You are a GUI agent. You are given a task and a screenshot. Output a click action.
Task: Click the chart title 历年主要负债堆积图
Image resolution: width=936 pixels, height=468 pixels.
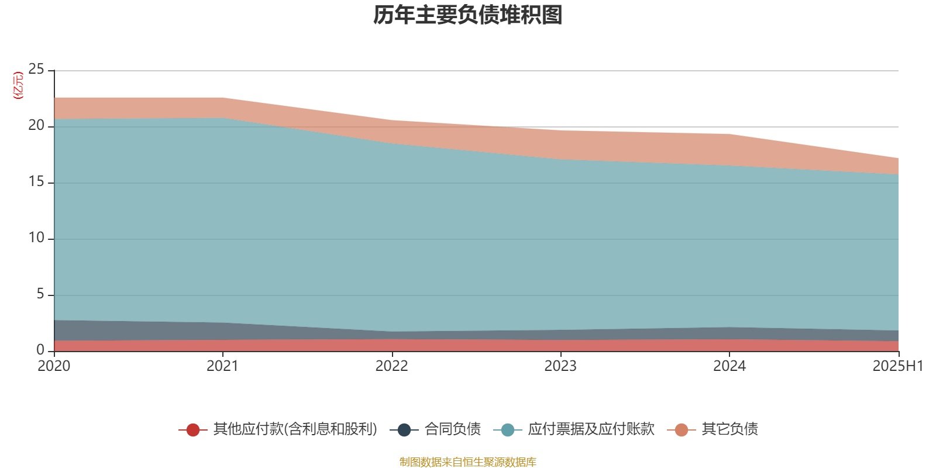[468, 15]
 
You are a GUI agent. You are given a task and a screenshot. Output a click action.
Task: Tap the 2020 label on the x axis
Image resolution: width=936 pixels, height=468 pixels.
[54, 366]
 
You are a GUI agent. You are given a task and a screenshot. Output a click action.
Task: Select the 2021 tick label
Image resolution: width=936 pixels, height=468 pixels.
[223, 366]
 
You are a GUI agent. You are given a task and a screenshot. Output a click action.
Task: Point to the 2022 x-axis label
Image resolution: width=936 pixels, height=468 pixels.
[391, 366]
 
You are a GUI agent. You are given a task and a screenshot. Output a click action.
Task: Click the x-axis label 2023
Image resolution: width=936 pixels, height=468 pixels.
[560, 366]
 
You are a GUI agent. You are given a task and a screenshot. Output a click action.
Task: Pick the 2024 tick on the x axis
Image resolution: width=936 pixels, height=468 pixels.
[729, 366]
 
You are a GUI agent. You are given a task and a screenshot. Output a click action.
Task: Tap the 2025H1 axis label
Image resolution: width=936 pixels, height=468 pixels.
[897, 366]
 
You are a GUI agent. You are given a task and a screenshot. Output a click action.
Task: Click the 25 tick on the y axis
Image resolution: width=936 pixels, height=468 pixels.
[36, 70]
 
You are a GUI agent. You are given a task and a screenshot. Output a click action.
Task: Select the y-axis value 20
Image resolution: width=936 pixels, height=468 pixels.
[36, 126]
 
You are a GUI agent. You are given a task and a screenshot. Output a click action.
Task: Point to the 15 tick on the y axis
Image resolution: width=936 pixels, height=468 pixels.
[36, 182]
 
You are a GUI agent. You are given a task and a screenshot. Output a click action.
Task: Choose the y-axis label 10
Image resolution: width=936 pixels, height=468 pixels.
[36, 238]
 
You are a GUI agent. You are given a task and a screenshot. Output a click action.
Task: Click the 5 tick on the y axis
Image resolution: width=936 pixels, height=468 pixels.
[40, 294]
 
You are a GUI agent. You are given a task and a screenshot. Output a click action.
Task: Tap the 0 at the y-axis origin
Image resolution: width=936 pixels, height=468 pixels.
[40, 350]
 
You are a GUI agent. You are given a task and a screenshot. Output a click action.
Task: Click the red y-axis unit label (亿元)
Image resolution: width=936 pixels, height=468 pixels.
[18, 85]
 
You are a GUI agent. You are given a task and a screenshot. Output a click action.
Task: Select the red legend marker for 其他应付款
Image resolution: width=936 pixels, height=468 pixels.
[193, 430]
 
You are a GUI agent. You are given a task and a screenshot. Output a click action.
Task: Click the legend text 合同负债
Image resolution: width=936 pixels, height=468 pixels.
[452, 429]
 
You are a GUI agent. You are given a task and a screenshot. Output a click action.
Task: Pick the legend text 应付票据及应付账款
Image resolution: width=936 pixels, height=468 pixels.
[591, 429]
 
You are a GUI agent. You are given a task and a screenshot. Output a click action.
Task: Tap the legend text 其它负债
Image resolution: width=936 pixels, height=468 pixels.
[729, 429]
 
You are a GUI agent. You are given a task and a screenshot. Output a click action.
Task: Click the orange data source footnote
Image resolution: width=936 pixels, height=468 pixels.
[467, 462]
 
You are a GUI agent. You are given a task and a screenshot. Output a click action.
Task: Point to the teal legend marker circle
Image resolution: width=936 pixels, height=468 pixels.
[508, 430]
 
